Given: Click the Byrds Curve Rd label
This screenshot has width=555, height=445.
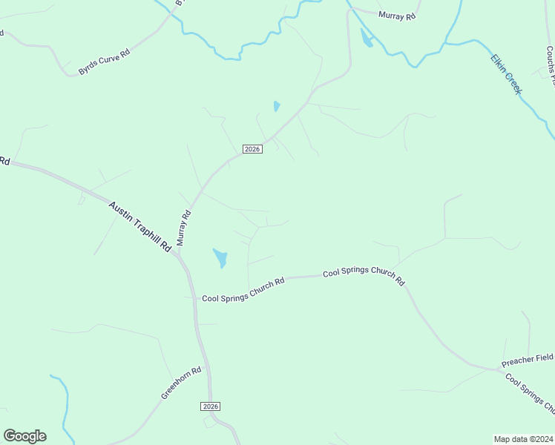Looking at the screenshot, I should coord(104,62).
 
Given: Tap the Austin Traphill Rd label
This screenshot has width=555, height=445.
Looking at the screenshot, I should coord(140,228).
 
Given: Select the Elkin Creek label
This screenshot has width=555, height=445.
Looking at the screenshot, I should coord(507,74).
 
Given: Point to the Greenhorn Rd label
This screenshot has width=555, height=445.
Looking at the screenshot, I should coord(181,383).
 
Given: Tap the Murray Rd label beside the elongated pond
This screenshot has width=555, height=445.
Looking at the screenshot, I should coord(397,15).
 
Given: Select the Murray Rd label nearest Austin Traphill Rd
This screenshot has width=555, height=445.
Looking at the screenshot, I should coord(184,228).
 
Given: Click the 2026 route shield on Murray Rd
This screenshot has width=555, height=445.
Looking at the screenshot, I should coord(252,149).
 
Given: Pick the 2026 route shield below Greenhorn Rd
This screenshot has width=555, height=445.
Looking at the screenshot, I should coord(211,406).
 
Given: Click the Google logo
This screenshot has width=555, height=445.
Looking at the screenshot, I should coord(24,435).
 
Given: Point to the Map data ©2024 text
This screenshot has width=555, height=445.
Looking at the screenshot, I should coord(524,438).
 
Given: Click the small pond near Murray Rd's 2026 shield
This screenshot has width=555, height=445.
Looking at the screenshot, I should coord(277,106).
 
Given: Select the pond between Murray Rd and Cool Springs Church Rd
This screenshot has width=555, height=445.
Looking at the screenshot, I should coord(220,258).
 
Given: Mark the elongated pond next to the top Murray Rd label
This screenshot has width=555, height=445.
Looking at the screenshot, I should coord(366,38).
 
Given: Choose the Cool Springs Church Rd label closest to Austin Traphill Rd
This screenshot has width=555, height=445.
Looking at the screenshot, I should coord(243,290).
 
